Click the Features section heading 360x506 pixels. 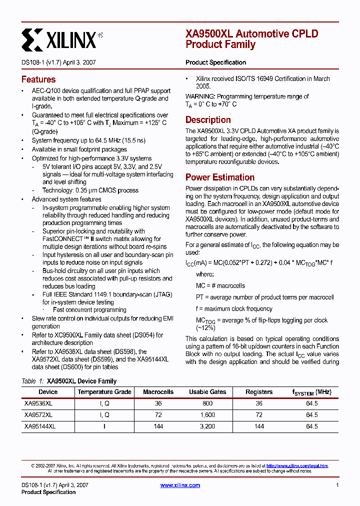coord(38,79)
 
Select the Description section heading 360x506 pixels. coord(208,120)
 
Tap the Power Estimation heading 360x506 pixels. coord(220,177)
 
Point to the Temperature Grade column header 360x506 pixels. coord(104,392)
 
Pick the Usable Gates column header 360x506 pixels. coord(207,392)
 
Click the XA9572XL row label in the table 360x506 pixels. coord(38,415)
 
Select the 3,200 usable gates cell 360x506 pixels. coord(207,426)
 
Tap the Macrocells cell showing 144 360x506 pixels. coord(158,426)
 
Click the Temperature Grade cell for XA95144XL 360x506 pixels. coord(104,426)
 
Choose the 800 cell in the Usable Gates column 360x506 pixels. coord(207,403)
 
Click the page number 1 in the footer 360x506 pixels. coord(337,485)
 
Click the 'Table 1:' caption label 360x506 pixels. coord(32,381)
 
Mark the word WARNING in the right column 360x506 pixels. coord(200,96)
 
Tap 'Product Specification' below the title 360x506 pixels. coord(215,62)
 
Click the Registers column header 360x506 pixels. coord(259,392)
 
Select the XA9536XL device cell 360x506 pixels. coord(38,403)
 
